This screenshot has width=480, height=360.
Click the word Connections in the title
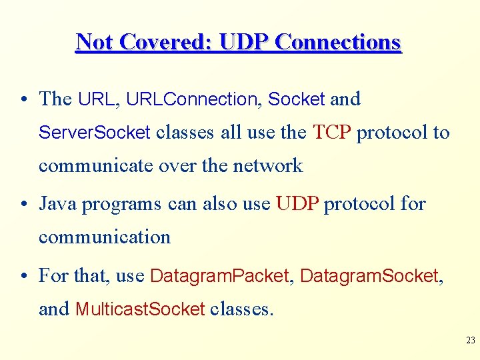(338, 42)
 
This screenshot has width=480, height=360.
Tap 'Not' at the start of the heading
(93, 42)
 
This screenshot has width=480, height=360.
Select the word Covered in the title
(164, 42)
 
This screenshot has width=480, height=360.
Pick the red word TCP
(331, 133)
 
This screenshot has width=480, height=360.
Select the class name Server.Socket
(95, 133)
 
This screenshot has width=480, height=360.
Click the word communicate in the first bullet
(96, 165)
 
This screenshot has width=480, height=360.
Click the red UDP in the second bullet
(297, 203)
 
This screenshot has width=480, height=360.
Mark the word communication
(105, 237)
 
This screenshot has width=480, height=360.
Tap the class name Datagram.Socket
(369, 275)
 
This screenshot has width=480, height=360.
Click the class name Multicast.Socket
(140, 309)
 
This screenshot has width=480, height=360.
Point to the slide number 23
(470, 340)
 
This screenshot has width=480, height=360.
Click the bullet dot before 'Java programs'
(23, 204)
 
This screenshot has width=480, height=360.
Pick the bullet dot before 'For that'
(23, 276)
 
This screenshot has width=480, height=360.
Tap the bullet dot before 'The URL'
(23, 99)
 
